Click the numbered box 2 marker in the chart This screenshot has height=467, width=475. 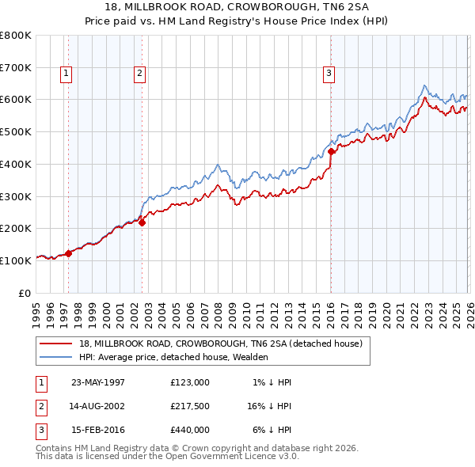139,74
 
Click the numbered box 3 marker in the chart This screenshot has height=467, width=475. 328,74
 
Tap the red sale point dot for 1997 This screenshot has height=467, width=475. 69,253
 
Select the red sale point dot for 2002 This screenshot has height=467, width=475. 142,222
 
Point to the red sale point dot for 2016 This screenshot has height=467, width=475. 331,151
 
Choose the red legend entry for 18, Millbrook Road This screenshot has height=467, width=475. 220,344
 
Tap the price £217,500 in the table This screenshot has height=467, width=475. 189,407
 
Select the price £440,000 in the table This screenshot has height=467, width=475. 189,431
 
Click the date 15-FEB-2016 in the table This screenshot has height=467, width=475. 98,431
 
